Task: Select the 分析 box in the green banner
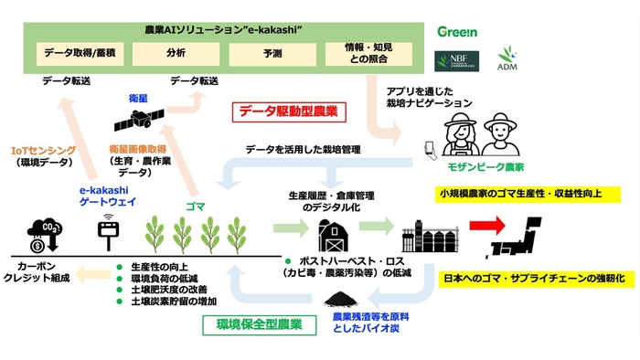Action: (x=176, y=54)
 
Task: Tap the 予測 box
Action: (x=272, y=54)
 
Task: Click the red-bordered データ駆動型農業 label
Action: (x=289, y=112)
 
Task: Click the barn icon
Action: (x=335, y=235)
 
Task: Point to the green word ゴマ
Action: (x=195, y=206)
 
